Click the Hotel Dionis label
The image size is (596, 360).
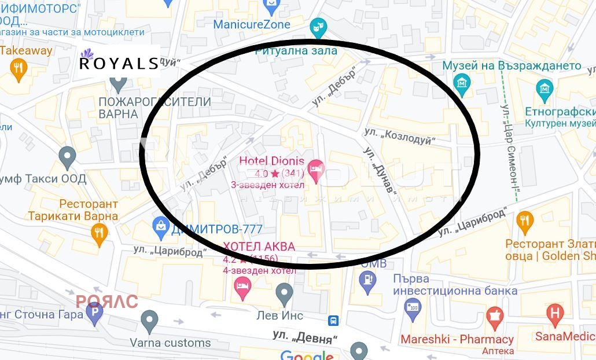tap(271, 160)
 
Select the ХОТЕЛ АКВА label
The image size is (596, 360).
tap(259, 247)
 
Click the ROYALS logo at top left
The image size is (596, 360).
tap(119, 62)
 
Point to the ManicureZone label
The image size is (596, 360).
tap(252, 25)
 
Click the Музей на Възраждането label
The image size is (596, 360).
tap(512, 65)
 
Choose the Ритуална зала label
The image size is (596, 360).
tap(297, 51)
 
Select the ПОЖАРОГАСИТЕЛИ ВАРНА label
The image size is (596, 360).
tap(154, 108)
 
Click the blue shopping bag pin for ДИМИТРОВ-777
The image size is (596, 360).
tap(160, 227)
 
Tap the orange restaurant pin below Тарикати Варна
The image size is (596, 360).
tap(100, 233)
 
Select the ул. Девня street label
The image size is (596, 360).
tap(305, 336)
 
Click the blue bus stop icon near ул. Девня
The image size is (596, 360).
tap(333, 320)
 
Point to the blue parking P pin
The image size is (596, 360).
tap(94, 314)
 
